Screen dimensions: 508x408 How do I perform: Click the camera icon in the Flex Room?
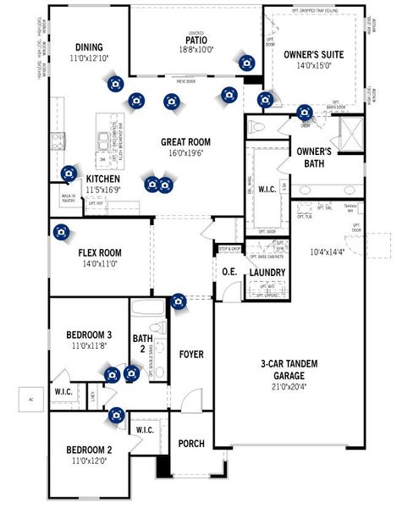(x=61, y=231)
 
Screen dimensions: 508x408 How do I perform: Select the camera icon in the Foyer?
(x=178, y=301)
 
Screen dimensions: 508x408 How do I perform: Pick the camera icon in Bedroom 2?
(x=115, y=415)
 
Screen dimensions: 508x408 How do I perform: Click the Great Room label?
(x=185, y=141)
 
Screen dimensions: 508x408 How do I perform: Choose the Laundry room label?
(x=267, y=272)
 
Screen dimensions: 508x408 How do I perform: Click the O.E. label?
(x=229, y=272)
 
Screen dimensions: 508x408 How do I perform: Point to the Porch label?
(x=191, y=443)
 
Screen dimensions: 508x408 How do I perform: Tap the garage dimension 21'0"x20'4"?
(x=289, y=387)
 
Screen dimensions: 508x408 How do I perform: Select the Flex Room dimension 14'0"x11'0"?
(x=100, y=264)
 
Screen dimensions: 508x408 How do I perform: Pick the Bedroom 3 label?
(x=89, y=334)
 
